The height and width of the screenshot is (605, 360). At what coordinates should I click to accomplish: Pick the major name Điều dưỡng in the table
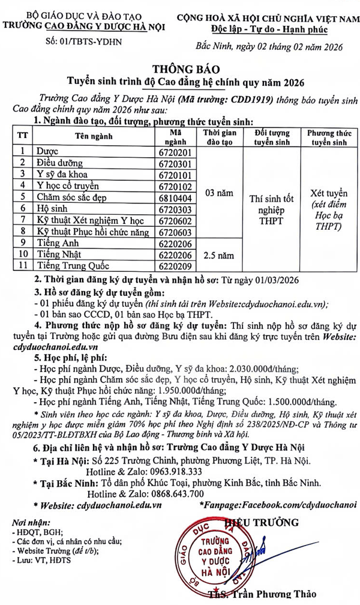[59, 163]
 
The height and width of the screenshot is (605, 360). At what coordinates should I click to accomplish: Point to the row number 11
[23, 266]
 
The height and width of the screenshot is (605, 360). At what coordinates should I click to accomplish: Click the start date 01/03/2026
[273, 280]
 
